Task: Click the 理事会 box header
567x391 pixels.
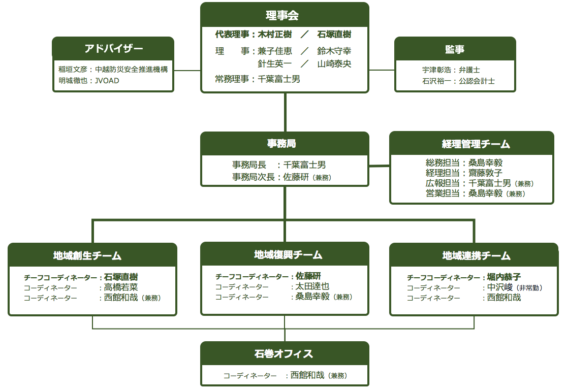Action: (x=282, y=16)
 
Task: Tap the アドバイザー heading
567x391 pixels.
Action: (x=113, y=48)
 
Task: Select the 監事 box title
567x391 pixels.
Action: (x=455, y=49)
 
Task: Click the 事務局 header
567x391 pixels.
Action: (x=281, y=144)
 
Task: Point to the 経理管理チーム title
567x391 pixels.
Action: (x=476, y=144)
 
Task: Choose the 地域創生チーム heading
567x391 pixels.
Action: (x=87, y=255)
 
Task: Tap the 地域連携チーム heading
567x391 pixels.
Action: (x=477, y=255)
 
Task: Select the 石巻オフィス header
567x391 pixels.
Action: (x=284, y=353)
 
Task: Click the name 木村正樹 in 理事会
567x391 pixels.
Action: (x=275, y=35)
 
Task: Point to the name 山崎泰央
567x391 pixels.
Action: (x=334, y=64)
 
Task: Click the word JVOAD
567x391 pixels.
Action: (x=107, y=81)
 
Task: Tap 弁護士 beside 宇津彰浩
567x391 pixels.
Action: (x=469, y=70)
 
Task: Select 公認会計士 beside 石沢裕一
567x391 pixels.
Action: (x=477, y=81)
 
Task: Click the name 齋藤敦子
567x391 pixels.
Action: (x=485, y=173)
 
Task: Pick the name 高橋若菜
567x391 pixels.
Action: (x=121, y=287)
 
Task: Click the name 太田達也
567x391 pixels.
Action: (x=312, y=286)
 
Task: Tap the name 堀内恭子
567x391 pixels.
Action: (x=504, y=277)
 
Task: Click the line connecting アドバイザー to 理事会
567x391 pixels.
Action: (x=187, y=71)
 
